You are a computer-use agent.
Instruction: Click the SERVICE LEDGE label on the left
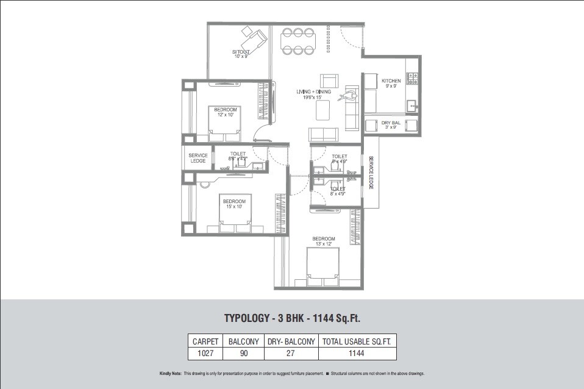[x=198, y=158]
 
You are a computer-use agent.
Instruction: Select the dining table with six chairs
[x=298, y=41]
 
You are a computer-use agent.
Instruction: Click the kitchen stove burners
[x=411, y=78]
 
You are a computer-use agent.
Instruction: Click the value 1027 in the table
[x=204, y=353]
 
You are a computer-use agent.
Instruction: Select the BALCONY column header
[x=243, y=341]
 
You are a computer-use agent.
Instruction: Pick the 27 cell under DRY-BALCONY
[x=291, y=353]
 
